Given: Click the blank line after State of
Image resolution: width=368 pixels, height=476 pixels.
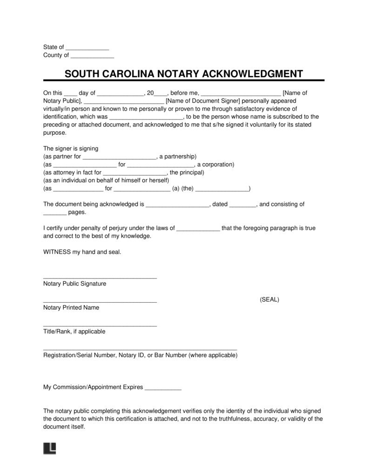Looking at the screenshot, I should [87, 48].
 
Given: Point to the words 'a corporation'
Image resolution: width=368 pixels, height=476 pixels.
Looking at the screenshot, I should [215, 165].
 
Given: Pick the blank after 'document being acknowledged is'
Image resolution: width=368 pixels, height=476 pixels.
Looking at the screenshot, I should [178, 205].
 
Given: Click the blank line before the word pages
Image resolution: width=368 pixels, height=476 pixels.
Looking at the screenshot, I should [54, 213].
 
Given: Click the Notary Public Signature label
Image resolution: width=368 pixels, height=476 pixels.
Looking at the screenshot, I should [74, 284].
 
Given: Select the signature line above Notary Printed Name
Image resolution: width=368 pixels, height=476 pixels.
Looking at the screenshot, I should [100, 302].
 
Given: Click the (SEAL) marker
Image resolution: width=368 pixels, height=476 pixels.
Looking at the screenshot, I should [269, 300].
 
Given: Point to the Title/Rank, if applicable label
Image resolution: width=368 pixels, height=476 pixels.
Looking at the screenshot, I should [74, 332].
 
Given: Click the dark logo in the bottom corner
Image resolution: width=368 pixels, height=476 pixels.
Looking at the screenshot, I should [49, 448].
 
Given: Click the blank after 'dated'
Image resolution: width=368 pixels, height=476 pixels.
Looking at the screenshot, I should [242, 205].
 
